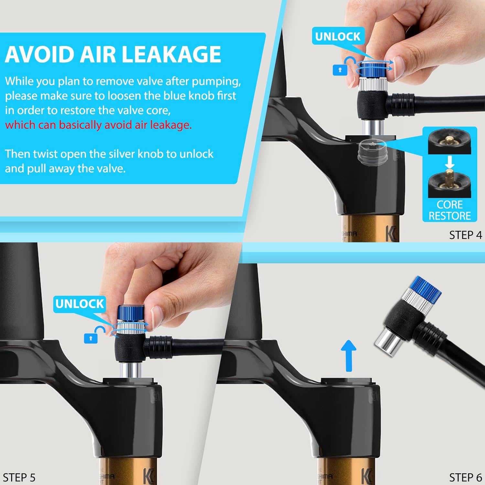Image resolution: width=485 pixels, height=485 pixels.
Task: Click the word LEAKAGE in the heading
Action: tap(172, 54)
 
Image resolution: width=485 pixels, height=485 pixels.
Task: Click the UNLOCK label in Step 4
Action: tap(338, 37)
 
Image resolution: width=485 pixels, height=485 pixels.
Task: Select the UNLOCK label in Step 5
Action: tap(80, 304)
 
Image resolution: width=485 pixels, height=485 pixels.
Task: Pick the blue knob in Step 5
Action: tap(131, 313)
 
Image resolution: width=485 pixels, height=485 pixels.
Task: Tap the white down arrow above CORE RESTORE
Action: tap(449, 162)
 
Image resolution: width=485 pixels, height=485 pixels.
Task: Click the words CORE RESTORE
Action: tap(450, 210)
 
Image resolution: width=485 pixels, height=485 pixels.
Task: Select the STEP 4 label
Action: tap(466, 235)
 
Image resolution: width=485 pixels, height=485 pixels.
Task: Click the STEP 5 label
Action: tap(19, 478)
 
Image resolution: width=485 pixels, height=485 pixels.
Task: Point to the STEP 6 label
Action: tap(466, 478)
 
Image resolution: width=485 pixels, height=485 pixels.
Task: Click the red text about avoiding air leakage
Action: tap(98, 125)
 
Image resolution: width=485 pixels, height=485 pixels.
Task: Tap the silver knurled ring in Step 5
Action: tap(131, 327)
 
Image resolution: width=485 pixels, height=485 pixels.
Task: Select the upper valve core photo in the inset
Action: tap(449, 141)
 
